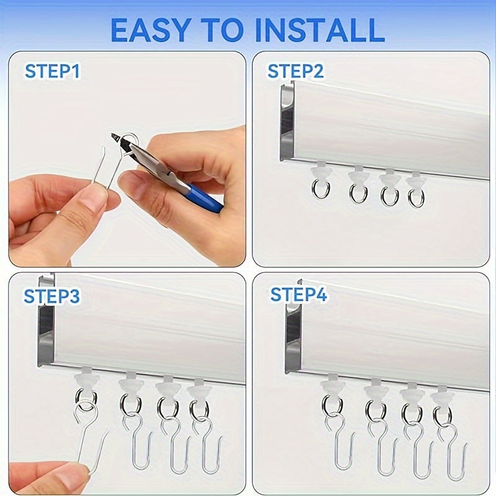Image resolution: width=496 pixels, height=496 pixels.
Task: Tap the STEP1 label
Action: (53, 71)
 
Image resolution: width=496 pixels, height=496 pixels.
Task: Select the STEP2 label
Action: (296, 71)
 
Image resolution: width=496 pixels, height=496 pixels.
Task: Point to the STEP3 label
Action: (52, 296)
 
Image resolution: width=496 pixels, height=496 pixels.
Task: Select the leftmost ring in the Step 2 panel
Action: (321, 188)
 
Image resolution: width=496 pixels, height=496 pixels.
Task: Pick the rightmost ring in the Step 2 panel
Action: (416, 198)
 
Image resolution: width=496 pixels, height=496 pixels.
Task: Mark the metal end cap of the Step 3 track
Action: (45, 329)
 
